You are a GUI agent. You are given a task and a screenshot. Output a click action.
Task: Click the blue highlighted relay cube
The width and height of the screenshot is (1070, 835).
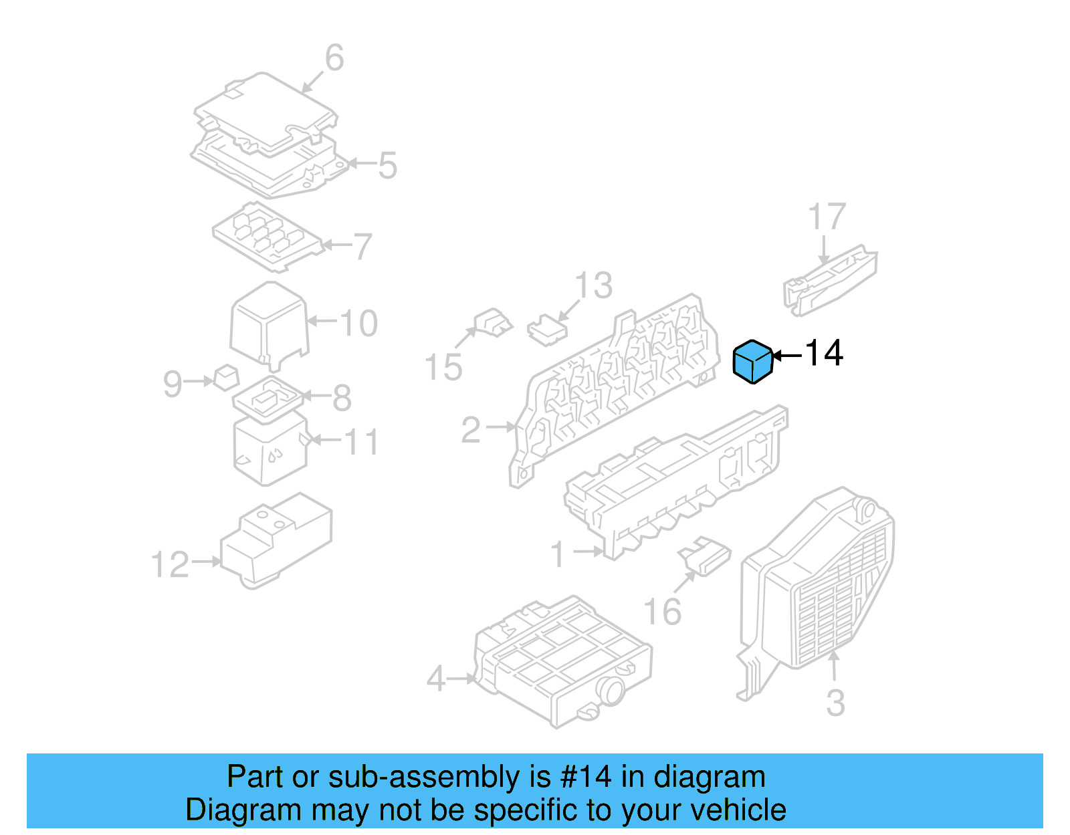pyautogui.click(x=752, y=362)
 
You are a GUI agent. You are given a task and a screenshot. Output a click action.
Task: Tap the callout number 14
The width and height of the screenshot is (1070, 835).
pyautogui.click(x=824, y=353)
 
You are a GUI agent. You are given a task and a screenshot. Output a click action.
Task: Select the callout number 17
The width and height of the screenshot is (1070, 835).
pyautogui.click(x=827, y=217)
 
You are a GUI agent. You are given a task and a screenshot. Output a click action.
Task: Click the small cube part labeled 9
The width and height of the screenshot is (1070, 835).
pyautogui.click(x=226, y=378)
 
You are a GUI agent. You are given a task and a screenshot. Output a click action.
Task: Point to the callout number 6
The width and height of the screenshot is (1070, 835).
pyautogui.click(x=334, y=57)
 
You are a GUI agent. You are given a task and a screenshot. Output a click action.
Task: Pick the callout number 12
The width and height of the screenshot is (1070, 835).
pyautogui.click(x=170, y=565)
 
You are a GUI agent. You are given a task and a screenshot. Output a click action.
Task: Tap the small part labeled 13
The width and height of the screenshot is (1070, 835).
pyautogui.click(x=547, y=331)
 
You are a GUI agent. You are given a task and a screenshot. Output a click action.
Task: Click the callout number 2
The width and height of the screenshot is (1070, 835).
pyautogui.click(x=471, y=430)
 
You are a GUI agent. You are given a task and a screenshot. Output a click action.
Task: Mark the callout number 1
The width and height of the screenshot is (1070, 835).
pyautogui.click(x=558, y=555)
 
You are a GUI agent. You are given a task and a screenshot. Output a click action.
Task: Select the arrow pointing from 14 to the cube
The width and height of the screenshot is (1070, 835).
pyautogui.click(x=787, y=356)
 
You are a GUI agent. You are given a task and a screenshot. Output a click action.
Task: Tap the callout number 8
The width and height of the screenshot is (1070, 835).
pyautogui.click(x=341, y=398)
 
